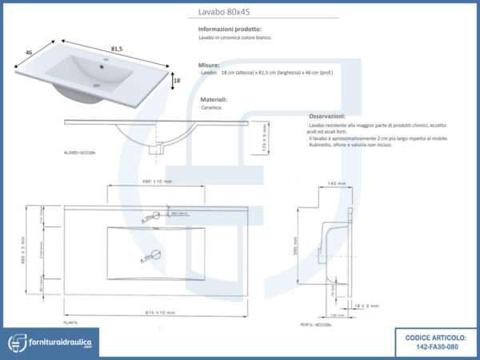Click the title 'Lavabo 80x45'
pos(225,12)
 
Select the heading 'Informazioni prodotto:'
pos(230,29)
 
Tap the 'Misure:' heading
pos(209,64)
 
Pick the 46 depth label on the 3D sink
pos(29,52)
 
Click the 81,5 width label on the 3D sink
pos(117,48)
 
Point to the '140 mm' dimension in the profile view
pos(337,184)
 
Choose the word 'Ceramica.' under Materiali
pos(211,107)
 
